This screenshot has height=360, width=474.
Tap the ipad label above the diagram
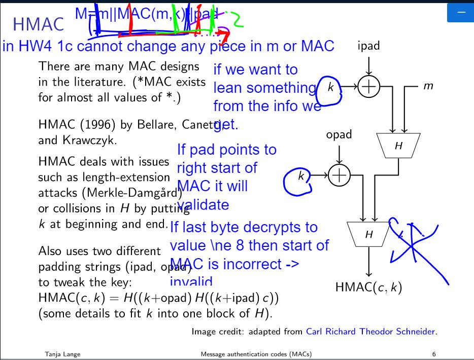[368, 47]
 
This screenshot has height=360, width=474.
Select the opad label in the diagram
[338, 135]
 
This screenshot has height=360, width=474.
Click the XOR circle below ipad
[369, 87]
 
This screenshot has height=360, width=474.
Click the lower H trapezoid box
[369, 234]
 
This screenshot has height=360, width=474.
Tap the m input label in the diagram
[428, 87]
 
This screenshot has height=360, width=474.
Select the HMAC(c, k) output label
[368, 288]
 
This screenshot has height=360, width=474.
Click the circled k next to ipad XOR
[330, 88]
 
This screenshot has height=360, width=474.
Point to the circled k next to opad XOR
[300, 176]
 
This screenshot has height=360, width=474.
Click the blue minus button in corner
[460, 12]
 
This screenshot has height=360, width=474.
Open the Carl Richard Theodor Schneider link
[370, 332]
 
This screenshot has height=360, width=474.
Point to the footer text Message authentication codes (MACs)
[256, 354]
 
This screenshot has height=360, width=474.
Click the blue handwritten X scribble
[414, 246]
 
